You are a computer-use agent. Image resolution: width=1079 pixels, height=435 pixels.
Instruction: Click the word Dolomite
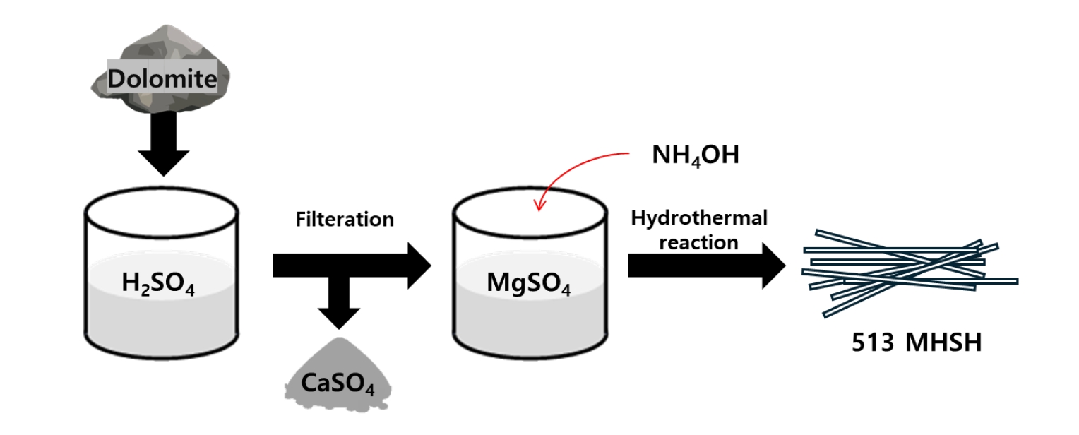(x=162, y=79)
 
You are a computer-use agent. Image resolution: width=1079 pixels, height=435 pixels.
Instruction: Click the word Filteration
(x=344, y=220)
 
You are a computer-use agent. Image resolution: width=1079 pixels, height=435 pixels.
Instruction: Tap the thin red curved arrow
(x=572, y=169)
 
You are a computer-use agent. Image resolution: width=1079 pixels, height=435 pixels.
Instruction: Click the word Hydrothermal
(x=698, y=218)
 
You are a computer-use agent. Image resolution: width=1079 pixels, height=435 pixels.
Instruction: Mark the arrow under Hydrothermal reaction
(x=706, y=266)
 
